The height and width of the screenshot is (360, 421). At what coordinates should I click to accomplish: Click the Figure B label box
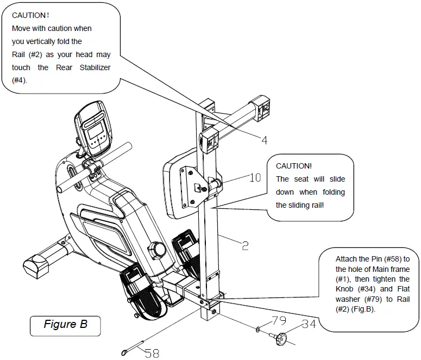pos(65,325)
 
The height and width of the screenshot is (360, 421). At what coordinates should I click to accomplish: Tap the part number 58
pos(152,353)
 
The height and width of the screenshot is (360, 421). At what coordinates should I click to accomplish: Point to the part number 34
pos(309,325)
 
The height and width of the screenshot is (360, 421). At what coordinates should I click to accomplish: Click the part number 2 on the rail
pos(245,246)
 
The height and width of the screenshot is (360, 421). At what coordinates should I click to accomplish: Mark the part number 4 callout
pos(264,140)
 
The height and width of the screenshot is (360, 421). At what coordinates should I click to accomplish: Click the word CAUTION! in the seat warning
pos(294,166)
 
